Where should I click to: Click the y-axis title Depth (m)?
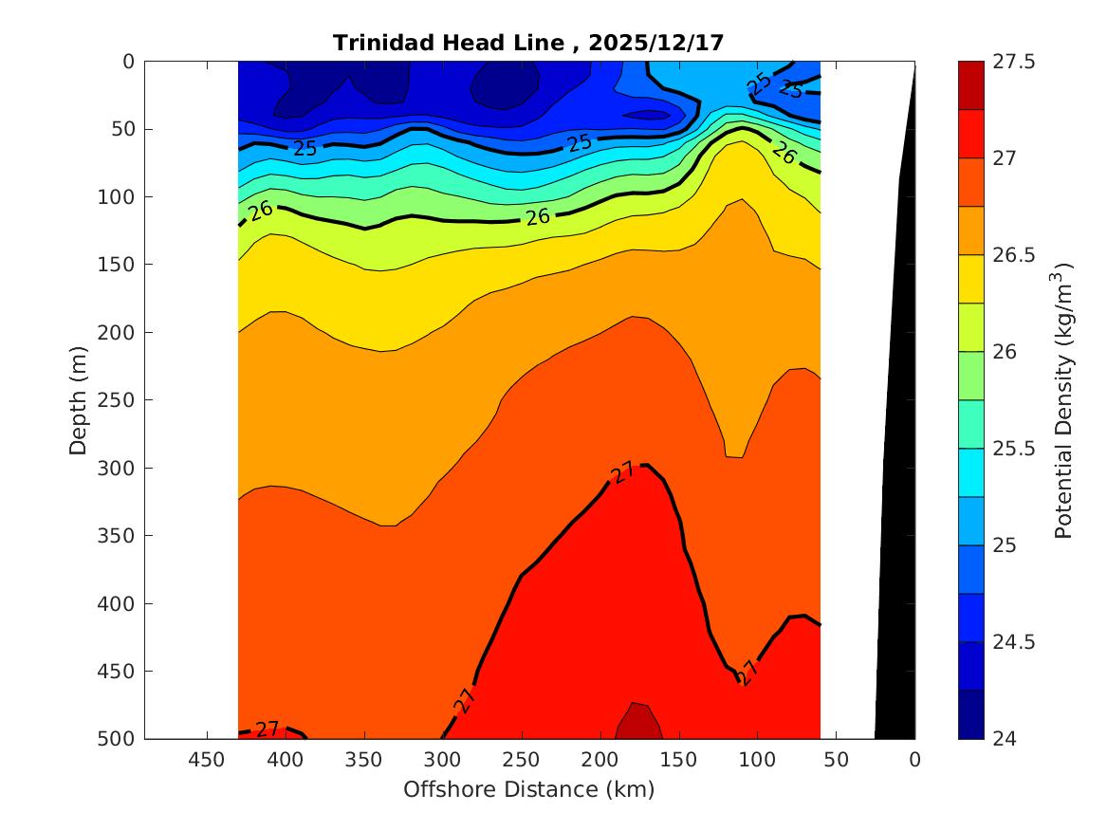point(79,399)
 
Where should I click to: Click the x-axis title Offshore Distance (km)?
point(528,789)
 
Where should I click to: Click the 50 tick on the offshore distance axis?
point(836,760)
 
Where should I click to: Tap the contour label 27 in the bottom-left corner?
point(268,729)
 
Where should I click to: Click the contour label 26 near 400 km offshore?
point(261,211)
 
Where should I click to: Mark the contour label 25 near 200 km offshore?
point(580,143)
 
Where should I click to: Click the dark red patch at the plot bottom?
point(638,723)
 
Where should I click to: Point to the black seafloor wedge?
point(896,569)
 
